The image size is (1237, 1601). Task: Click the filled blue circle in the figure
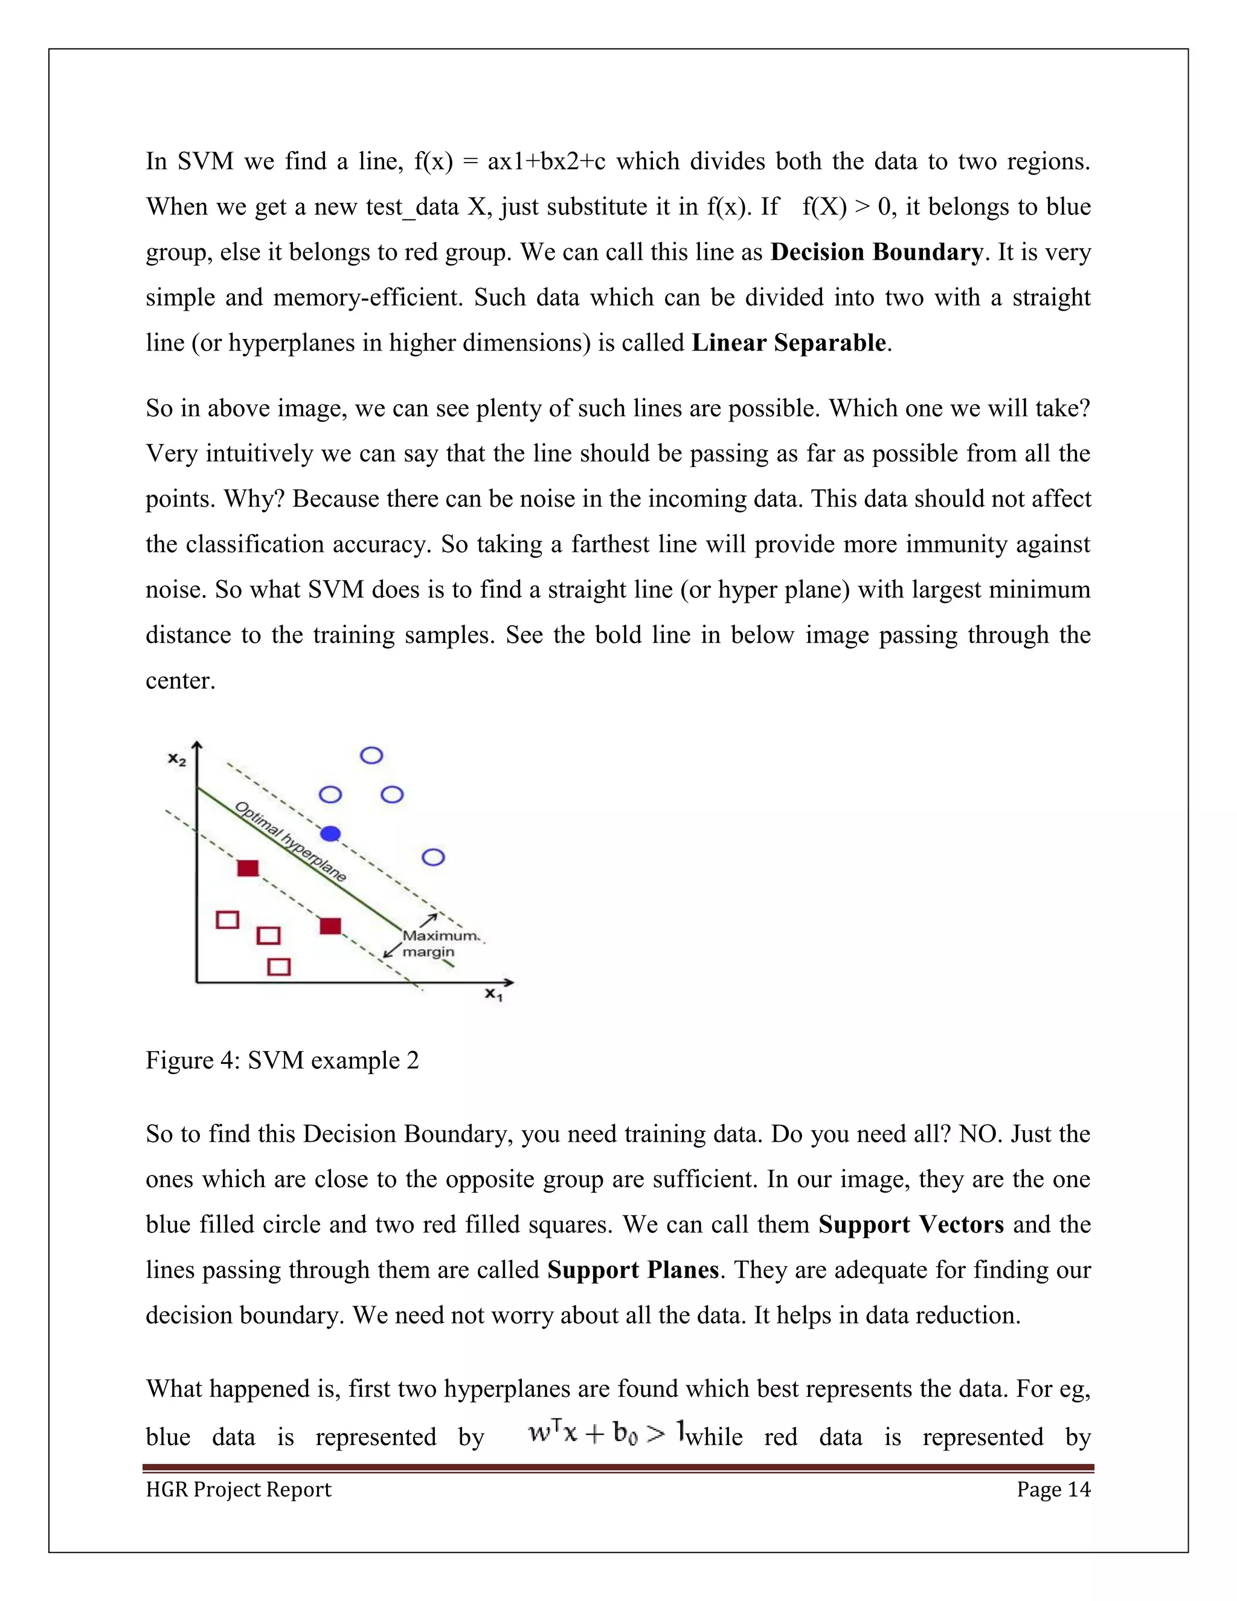point(331,834)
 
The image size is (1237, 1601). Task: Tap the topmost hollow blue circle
point(371,755)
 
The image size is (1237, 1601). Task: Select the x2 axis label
point(176,759)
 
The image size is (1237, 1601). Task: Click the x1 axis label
point(493,995)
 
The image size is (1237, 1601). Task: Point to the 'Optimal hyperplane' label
point(290,842)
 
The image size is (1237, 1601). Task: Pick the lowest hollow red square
point(278,967)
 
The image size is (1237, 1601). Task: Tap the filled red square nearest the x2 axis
point(248,869)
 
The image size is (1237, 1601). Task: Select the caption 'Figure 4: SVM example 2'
point(282,1060)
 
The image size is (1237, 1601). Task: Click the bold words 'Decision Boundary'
point(876,252)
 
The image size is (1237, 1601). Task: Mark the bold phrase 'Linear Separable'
point(788,343)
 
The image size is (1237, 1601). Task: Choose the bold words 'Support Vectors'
point(911,1224)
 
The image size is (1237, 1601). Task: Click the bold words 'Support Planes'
point(633,1270)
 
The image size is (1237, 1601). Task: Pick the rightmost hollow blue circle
point(434,857)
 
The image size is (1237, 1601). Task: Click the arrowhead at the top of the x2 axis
point(197,746)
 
